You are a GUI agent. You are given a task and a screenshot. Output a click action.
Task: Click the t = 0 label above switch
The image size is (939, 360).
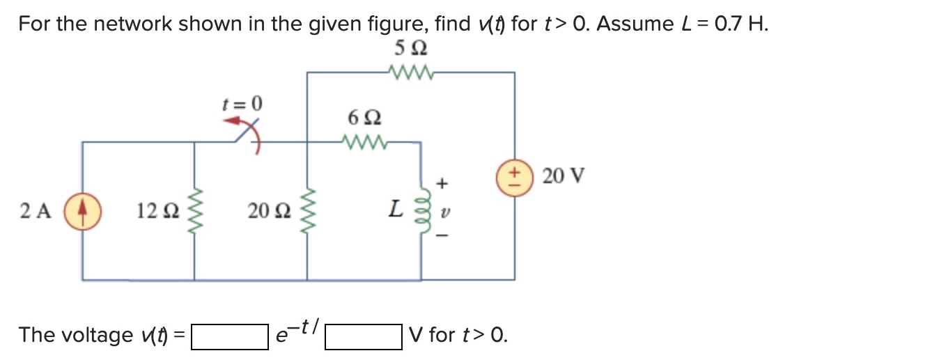tap(242, 104)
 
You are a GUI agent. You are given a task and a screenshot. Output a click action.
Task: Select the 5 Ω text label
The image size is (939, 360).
tap(410, 49)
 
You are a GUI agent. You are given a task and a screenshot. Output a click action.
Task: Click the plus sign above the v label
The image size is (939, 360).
tap(440, 182)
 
